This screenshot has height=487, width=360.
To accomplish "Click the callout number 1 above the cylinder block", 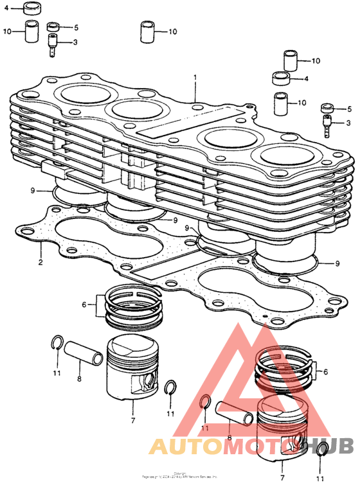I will point(195,78).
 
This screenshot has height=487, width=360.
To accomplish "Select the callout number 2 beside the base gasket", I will point(40,262).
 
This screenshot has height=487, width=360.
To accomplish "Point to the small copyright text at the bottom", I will point(180,476).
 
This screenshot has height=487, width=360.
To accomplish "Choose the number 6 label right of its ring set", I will point(325,372).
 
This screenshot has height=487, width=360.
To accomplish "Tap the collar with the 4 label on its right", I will point(280,79).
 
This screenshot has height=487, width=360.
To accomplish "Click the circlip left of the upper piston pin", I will point(56,344).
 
